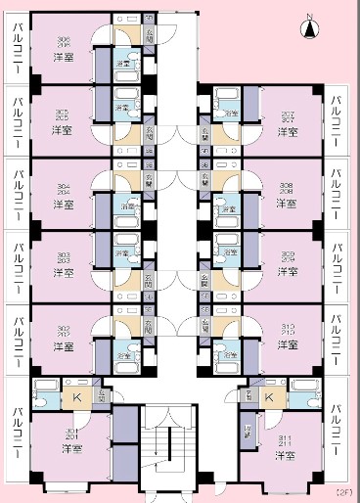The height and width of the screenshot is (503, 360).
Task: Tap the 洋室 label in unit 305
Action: click(x=62, y=129)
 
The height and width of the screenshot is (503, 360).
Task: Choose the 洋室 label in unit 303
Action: click(x=62, y=275)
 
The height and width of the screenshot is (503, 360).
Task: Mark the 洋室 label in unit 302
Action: click(x=62, y=346)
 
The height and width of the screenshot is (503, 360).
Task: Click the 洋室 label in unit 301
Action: click(x=71, y=448)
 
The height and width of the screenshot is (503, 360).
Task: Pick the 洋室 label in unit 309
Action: click(x=288, y=274)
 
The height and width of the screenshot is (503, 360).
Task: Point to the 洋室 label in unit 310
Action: click(x=288, y=345)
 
